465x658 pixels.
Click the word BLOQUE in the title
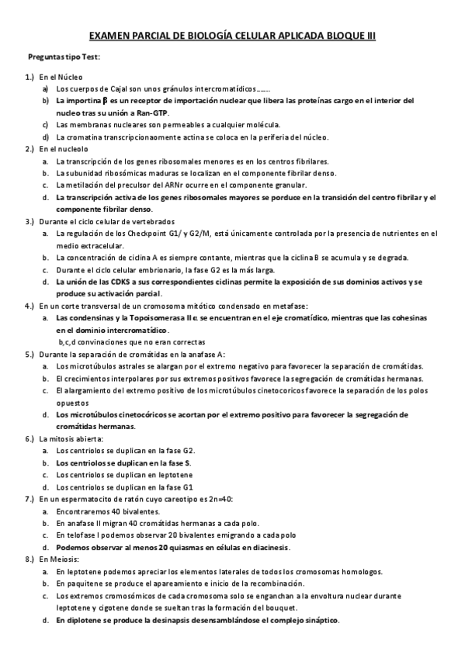[338, 36]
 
